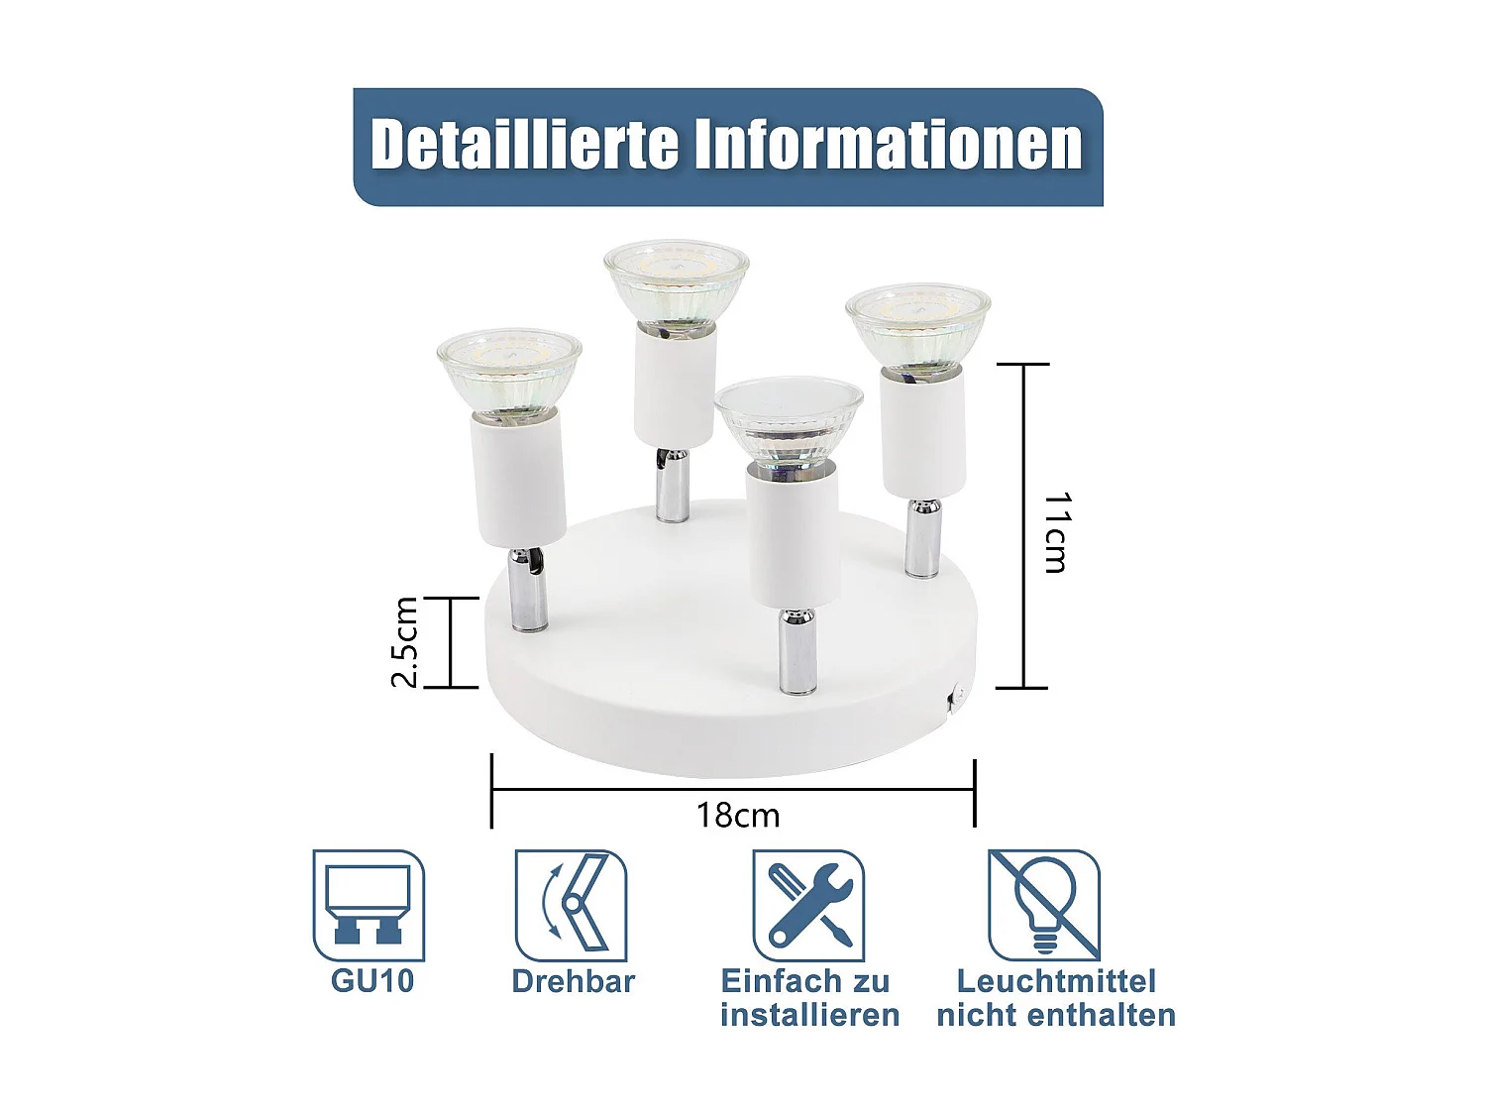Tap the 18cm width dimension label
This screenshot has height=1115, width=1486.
738,815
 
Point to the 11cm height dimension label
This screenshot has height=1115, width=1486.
1056,532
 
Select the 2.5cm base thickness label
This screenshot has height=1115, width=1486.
405,642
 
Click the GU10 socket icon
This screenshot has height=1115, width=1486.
369,904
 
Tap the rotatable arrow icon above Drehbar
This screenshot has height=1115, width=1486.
571,904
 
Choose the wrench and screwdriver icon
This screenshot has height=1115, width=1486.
808,904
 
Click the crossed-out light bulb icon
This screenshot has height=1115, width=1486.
1044,904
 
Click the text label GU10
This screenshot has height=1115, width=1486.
372,981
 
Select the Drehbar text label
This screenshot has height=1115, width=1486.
573,981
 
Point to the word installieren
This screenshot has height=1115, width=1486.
809,1015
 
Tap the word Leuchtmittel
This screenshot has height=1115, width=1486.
1056,981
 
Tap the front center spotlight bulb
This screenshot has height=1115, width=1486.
789,420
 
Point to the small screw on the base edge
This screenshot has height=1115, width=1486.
956,698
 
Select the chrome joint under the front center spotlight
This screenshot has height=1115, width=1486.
797,651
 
